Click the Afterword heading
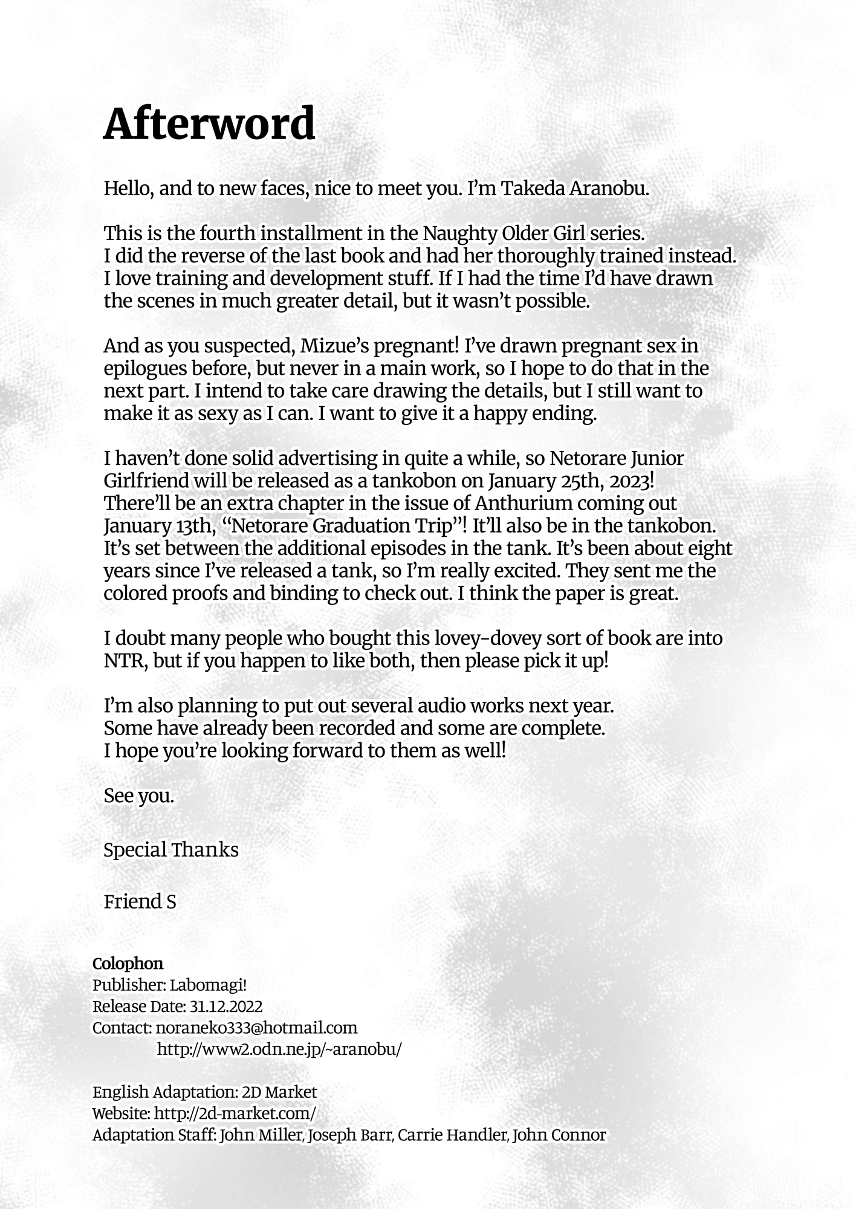(209, 123)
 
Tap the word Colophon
(128, 963)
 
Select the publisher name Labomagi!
(208, 985)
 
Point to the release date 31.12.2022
(226, 1006)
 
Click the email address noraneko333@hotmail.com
(256, 1028)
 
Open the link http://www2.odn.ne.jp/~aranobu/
(279, 1049)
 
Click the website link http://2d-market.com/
(235, 1113)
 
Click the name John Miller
(261, 1135)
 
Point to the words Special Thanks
(171, 849)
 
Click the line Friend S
(140, 901)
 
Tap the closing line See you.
(138, 796)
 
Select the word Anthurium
(523, 504)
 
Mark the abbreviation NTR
(125, 661)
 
